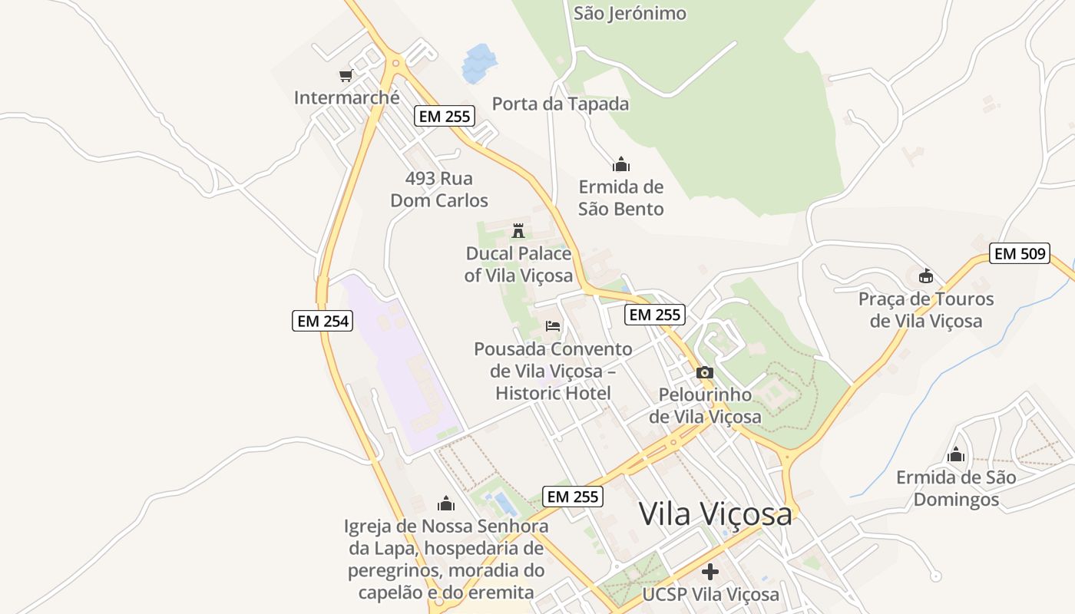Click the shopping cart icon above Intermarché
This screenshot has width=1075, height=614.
[346, 75]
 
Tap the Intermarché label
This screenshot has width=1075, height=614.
[346, 97]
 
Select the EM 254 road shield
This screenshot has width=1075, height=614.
[322, 321]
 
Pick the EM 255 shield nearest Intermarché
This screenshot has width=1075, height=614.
[445, 117]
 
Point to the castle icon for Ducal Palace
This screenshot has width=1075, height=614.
[518, 230]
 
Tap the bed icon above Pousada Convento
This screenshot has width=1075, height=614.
[553, 326]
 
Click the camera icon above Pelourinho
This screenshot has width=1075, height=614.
[704, 373]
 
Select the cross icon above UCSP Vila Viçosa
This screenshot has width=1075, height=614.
[710, 572]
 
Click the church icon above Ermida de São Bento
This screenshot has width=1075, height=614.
[620, 164]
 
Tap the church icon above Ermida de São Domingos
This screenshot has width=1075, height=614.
[956, 454]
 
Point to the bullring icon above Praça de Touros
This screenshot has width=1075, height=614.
[926, 276]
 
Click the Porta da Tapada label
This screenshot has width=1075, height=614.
[560, 104]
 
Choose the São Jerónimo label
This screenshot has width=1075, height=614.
[630, 13]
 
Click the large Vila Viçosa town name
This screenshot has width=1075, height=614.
[715, 514]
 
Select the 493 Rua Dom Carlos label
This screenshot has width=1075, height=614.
[439, 190]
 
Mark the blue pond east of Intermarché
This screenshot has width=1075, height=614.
[479, 63]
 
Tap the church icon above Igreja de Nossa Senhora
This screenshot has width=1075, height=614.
[446, 503]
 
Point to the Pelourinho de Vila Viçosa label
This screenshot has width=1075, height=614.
[705, 405]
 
